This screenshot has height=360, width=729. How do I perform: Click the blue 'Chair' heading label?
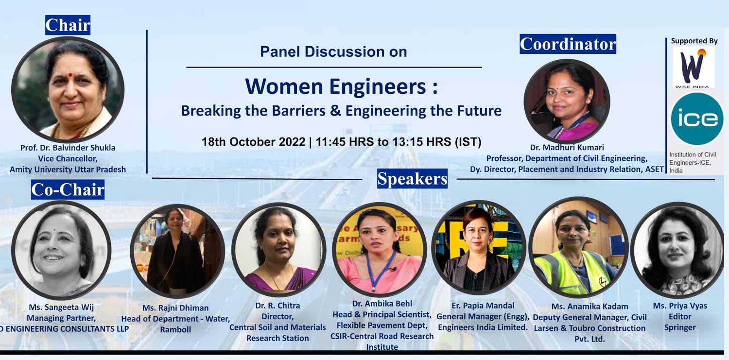[68, 25]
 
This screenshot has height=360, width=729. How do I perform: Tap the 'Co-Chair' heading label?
[68, 189]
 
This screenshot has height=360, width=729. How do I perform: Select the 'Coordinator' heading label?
[568, 44]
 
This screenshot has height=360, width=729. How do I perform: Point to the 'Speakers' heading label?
[412, 178]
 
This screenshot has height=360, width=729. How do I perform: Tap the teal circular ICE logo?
[697, 119]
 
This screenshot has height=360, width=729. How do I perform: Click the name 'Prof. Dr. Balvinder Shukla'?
[68, 148]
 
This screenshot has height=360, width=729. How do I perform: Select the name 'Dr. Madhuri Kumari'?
[567, 147]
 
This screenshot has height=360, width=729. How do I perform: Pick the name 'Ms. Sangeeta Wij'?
[61, 308]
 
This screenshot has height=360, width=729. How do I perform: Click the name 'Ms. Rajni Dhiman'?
[175, 308]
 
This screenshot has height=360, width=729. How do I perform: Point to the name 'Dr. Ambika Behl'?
[382, 304]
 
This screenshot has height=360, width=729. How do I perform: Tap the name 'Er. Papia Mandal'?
[483, 306]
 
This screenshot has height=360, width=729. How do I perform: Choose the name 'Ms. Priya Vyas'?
[680, 306]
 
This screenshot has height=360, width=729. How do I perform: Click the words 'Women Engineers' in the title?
[335, 86]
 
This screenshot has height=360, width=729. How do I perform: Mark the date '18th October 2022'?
[254, 142]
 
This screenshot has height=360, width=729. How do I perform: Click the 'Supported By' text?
[694, 41]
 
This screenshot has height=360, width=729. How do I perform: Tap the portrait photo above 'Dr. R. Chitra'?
[278, 249]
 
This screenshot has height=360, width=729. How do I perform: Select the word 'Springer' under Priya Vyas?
[680, 327]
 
